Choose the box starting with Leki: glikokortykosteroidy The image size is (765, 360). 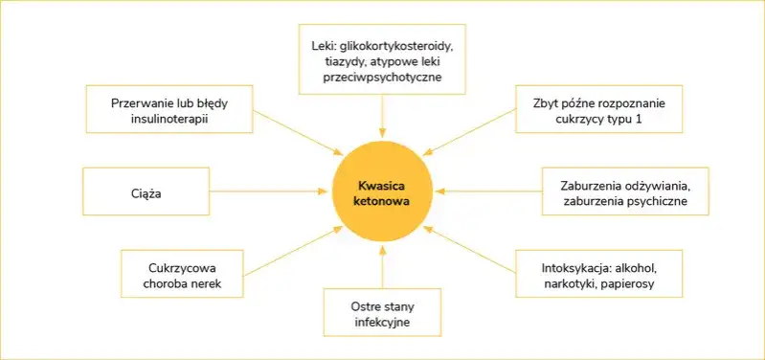point(382,59)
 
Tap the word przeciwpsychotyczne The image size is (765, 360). point(382,77)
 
